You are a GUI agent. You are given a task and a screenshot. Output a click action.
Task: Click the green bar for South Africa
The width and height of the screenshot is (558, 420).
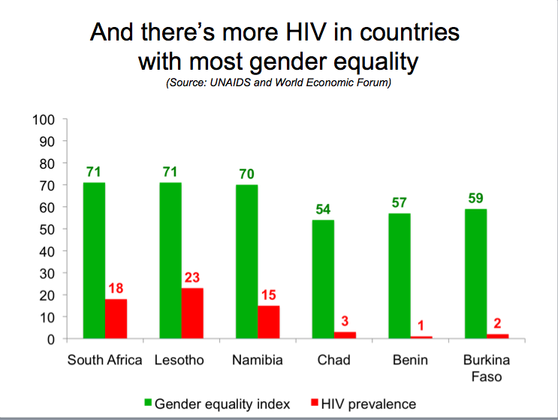click(x=94, y=260)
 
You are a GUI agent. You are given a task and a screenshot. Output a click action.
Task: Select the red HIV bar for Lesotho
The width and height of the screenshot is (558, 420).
click(x=192, y=313)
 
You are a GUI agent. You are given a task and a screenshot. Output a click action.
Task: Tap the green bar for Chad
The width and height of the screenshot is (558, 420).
click(x=323, y=279)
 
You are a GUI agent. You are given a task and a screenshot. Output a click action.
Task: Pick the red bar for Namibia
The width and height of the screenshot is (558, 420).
click(x=269, y=322)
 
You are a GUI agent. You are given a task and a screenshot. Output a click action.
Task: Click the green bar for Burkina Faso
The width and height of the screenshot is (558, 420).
click(x=476, y=274)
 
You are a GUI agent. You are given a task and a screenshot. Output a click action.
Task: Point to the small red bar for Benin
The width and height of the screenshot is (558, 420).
click(x=421, y=337)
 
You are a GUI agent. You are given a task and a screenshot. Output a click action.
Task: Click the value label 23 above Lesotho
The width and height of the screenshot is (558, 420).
click(x=192, y=277)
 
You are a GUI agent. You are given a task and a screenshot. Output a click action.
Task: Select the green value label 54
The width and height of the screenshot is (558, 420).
click(x=323, y=209)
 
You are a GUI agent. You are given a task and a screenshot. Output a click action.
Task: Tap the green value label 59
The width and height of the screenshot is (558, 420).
click(x=476, y=198)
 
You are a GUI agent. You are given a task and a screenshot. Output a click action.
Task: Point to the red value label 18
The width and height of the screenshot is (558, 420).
click(x=116, y=288)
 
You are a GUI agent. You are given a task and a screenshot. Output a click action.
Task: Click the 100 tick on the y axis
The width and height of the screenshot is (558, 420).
click(x=44, y=120)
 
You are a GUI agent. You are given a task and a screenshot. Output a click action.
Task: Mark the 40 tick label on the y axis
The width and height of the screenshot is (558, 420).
click(x=47, y=252)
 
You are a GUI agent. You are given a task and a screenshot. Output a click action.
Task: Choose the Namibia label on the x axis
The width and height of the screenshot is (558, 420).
click(x=258, y=360)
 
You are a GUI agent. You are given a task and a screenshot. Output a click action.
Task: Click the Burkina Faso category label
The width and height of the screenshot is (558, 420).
click(x=487, y=368)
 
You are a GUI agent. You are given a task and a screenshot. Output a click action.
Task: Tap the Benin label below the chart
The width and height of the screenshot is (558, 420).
click(x=410, y=360)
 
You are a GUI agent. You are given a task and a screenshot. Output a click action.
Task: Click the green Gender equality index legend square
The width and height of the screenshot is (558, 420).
click(x=148, y=403)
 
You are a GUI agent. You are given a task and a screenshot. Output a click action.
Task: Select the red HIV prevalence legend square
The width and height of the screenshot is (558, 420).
click(x=314, y=403)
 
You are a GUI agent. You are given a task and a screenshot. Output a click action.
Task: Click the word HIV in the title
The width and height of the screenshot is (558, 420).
click(x=306, y=32)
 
